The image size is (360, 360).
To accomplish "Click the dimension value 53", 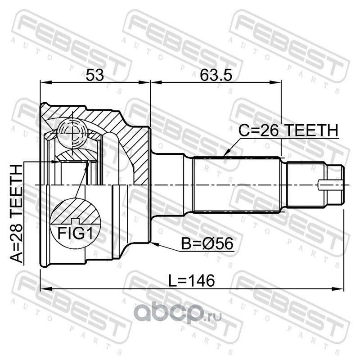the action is point(94,75).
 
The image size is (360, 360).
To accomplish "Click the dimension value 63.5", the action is point(216,75).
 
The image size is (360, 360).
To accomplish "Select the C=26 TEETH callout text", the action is point(288,130).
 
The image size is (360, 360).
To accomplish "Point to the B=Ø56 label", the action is point(207,243).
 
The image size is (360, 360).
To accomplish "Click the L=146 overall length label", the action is point(192,280).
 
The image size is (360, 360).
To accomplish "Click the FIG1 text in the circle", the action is point(75,233).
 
